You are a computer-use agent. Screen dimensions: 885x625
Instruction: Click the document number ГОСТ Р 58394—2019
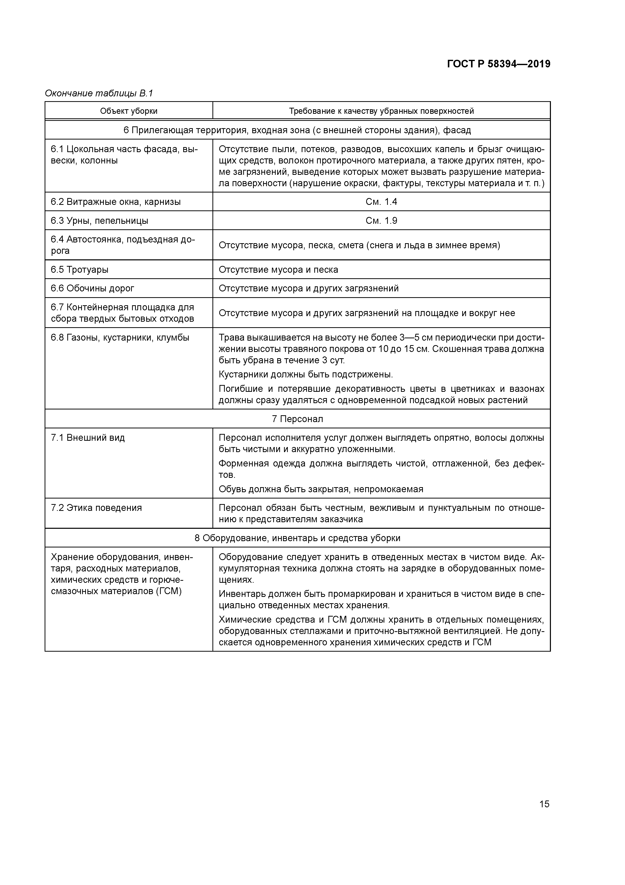pos(499,64)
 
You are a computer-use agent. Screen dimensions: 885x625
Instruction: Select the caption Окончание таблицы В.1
pos(99,93)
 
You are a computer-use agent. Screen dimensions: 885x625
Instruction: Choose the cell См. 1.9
pos(381,220)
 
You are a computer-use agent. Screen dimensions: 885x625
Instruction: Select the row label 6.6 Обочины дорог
pos(92,288)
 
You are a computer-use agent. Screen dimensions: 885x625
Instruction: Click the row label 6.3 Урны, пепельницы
pos(99,220)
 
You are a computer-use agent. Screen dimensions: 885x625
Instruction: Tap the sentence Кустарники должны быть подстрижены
pos(306,374)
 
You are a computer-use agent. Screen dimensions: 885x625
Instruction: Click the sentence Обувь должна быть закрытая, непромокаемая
pos(321,489)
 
